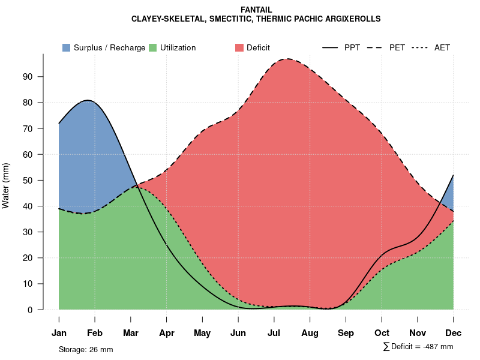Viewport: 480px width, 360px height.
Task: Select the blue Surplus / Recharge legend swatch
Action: tap(66, 47)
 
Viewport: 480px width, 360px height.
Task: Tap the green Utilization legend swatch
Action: tap(152, 47)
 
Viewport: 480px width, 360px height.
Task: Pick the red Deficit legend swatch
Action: tap(239, 47)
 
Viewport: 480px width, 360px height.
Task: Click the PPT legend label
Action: tap(352, 47)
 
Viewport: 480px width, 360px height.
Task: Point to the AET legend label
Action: tap(442, 47)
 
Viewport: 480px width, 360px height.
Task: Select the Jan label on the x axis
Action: tap(59, 333)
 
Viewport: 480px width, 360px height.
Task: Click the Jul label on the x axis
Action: tap(274, 333)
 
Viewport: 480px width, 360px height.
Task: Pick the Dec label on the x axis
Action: tap(453, 333)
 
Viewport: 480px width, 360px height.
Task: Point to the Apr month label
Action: tap(166, 333)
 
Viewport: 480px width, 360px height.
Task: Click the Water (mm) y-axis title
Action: tap(6, 185)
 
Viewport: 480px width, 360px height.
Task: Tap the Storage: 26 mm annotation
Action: tap(86, 349)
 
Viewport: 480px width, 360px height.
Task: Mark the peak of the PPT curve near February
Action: tap(88, 100)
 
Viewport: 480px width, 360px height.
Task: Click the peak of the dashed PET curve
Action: tap(288, 59)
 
